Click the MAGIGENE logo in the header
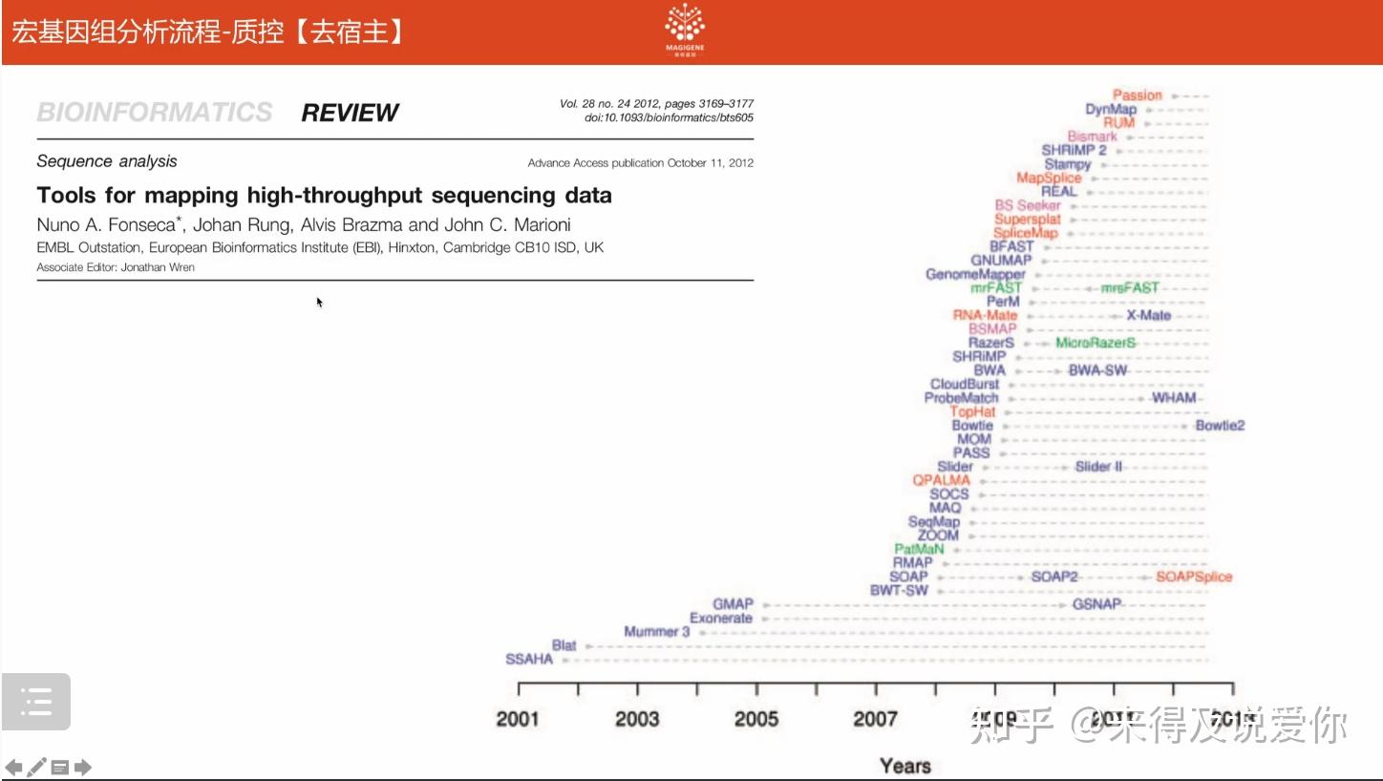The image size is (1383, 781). coord(685,29)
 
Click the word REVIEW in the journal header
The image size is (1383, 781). coord(350,113)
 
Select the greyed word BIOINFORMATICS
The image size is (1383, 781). coord(155,113)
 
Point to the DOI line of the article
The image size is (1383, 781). coord(669,117)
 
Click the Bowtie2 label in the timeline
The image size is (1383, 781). coord(1220,425)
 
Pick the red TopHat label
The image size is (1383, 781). coord(972,412)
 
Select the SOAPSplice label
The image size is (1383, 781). coord(1194,577)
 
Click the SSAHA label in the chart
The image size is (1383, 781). coord(529,659)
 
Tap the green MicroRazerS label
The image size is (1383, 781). coord(1096,343)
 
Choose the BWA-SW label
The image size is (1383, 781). coord(1097,370)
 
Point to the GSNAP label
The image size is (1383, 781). coord(1096,604)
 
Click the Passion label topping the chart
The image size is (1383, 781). coord(1137,95)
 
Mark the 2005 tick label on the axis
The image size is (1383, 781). coord(756,719)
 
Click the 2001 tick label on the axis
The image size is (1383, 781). coord(518,719)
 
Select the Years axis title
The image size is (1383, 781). coord(904,766)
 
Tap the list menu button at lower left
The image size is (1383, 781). coord(36,702)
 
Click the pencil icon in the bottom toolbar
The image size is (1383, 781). coord(36,767)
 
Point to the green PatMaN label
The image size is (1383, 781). coord(919,549)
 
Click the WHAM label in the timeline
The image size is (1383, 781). coord(1173,397)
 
